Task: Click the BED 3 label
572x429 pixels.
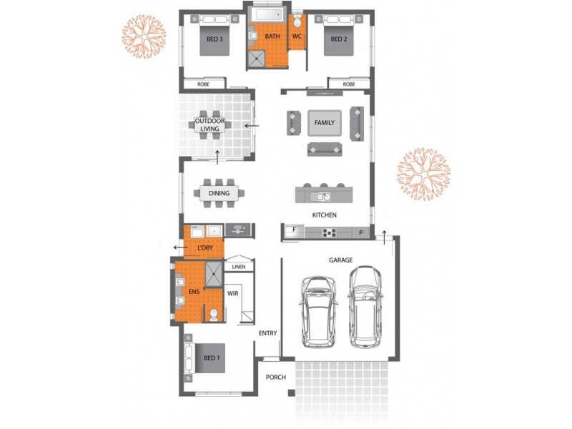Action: (212, 40)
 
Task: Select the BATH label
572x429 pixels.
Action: (272, 36)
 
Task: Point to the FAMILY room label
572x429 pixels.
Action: (325, 123)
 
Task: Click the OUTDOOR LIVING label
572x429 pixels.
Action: (212, 125)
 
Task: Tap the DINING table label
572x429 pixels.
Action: (219, 193)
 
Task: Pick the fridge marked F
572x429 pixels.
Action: (292, 231)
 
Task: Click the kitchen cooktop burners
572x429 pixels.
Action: (331, 232)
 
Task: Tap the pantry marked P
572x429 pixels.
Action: (361, 232)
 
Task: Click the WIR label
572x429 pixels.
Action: (232, 293)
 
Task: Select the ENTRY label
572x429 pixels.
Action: (268, 333)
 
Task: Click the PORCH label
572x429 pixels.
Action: (275, 378)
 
